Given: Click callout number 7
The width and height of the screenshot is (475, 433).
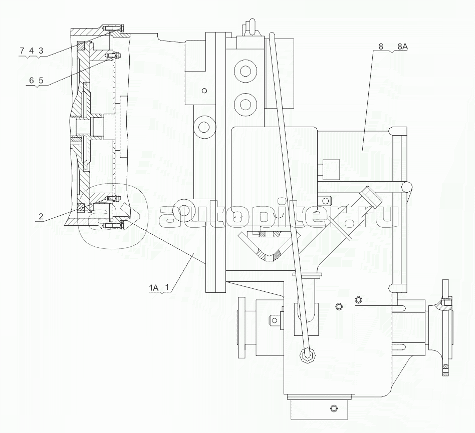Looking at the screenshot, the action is (22, 51).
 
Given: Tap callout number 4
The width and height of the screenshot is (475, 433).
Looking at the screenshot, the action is (31, 51).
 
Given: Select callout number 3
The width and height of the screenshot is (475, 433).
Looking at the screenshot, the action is (41, 51).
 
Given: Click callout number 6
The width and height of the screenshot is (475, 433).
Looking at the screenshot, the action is (32, 80).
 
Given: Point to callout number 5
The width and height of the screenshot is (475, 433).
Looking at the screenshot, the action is (41, 80).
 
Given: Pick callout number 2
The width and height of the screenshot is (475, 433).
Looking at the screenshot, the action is (41, 216).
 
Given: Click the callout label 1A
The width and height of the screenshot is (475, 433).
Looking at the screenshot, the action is (154, 288).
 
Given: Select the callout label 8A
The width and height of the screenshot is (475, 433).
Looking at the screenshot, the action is (402, 47).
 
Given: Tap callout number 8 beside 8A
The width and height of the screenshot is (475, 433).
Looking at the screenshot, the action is (381, 47).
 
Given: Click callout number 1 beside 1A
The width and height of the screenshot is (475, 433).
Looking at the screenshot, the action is (167, 288).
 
